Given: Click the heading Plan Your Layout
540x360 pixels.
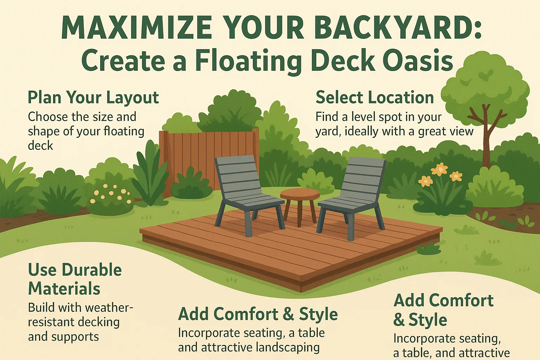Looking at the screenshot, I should [93, 97].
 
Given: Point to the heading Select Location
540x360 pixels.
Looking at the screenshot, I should [375, 97].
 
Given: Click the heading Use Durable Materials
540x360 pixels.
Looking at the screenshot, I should [75, 279].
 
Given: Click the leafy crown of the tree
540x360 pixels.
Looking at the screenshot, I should [485, 84].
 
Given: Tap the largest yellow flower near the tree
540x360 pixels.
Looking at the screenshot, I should [439, 170].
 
